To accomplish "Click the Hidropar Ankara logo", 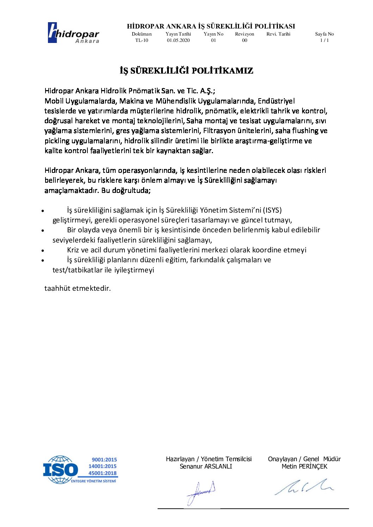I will pos(73,33).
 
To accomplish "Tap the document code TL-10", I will pos(142,40).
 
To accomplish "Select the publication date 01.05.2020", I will pos(178,40).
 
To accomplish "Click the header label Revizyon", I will pos(245,34).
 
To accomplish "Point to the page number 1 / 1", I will pos(324,40).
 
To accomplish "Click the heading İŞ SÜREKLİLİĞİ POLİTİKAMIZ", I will pos(186,71).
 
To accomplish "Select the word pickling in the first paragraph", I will pos(57,141).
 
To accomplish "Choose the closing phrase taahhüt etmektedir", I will pos(78,288).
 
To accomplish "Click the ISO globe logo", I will pos(60,470).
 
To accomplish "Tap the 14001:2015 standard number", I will pos(103,466).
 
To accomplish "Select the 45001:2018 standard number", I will pos(103,473).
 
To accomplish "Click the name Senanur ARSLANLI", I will pos(206,466).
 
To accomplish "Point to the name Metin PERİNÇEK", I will pos(304,466).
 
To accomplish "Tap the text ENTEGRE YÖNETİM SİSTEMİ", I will pos(93,481).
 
